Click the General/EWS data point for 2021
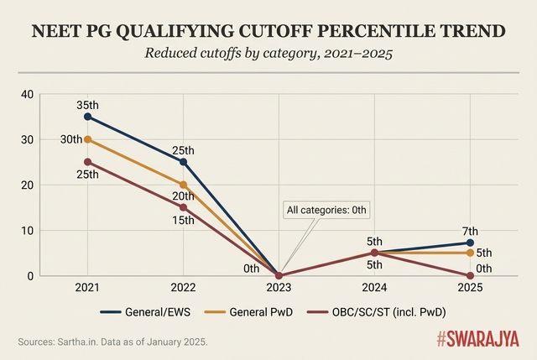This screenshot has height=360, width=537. [87, 117]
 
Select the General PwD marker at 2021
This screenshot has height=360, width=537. [87, 139]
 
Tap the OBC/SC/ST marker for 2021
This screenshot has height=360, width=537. [87, 162]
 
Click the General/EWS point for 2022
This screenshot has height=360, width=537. [183, 162]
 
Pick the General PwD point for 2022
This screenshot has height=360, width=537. [183, 185]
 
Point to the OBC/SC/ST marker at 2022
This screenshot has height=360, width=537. [183, 207]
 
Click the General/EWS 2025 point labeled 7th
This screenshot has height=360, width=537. [471, 243]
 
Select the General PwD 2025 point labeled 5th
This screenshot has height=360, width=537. [471, 253]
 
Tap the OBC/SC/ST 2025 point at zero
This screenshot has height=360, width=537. [471, 275]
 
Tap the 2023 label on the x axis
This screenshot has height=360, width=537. [279, 288]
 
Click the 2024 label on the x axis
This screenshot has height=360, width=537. [375, 288]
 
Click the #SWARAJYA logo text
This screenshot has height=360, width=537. [477, 340]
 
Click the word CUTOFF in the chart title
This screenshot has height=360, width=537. [269, 32]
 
